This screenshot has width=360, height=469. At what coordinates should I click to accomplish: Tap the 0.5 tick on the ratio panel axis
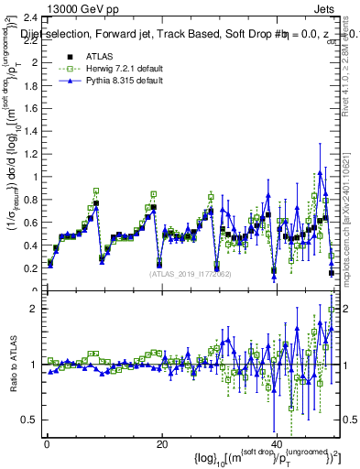[x=30, y=420]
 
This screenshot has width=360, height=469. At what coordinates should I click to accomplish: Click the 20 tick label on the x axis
[x=161, y=444]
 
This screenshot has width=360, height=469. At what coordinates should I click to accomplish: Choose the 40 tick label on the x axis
[x=276, y=444]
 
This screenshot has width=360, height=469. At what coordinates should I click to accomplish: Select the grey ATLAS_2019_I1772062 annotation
[x=190, y=274]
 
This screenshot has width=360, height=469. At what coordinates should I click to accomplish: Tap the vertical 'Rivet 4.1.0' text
[x=350, y=64]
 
